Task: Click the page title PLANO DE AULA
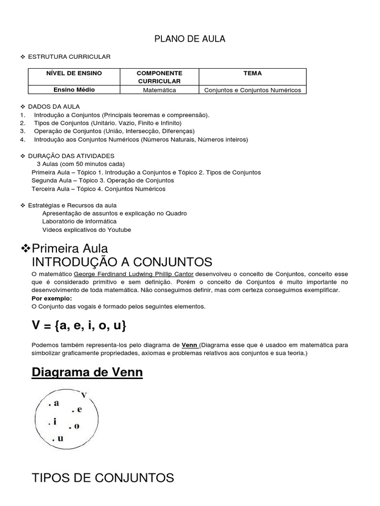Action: pos(190,39)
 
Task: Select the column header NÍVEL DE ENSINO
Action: pos(74,73)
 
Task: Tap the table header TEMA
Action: pos(252,73)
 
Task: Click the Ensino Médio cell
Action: pos(74,90)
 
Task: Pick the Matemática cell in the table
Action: pos(159,90)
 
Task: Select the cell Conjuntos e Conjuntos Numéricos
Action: pos(252,90)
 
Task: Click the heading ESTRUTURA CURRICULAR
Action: pos(69,57)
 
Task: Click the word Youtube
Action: pos(120,230)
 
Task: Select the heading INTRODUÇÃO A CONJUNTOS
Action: pos(122,262)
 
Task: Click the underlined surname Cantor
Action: pos(184,274)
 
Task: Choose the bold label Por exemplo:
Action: pos(51,298)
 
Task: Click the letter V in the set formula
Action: pos(36,326)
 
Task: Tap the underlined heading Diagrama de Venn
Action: pos(87,372)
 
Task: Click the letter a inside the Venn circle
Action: pos(56,403)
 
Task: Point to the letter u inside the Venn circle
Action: pos(60,438)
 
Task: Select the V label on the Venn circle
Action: pos(84,394)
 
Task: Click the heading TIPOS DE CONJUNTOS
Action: pos(102,478)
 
